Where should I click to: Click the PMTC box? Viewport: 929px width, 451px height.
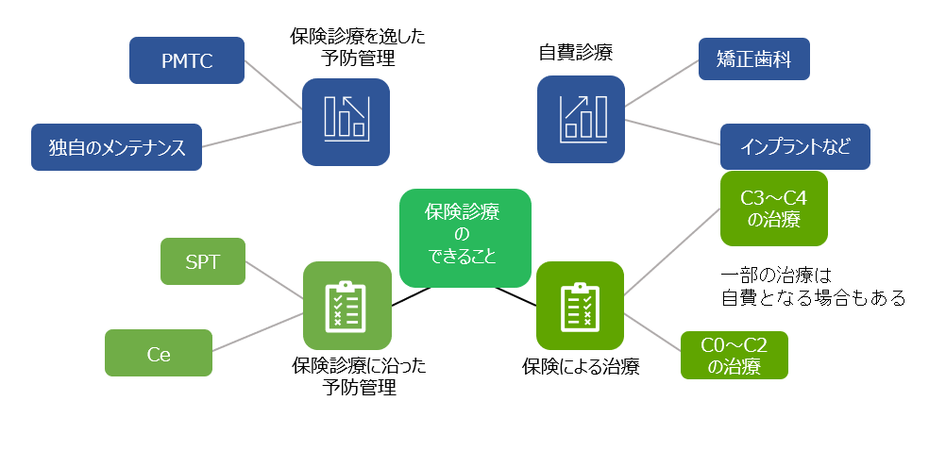click(x=186, y=60)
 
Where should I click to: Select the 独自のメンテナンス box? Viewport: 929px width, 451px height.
click(x=116, y=147)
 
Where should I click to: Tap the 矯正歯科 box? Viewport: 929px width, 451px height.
click(x=753, y=59)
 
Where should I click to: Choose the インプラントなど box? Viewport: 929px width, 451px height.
click(x=795, y=147)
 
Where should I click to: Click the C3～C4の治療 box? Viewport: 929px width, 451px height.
click(x=773, y=209)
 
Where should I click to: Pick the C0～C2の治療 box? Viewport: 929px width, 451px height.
click(x=735, y=355)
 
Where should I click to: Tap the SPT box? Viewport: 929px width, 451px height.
click(x=202, y=261)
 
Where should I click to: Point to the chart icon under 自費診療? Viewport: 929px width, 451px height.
click(x=580, y=120)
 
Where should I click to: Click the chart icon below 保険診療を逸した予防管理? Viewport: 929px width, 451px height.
click(x=346, y=121)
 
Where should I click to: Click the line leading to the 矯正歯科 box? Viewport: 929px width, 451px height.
click(x=661, y=84)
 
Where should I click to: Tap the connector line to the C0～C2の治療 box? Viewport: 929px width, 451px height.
click(x=652, y=332)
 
